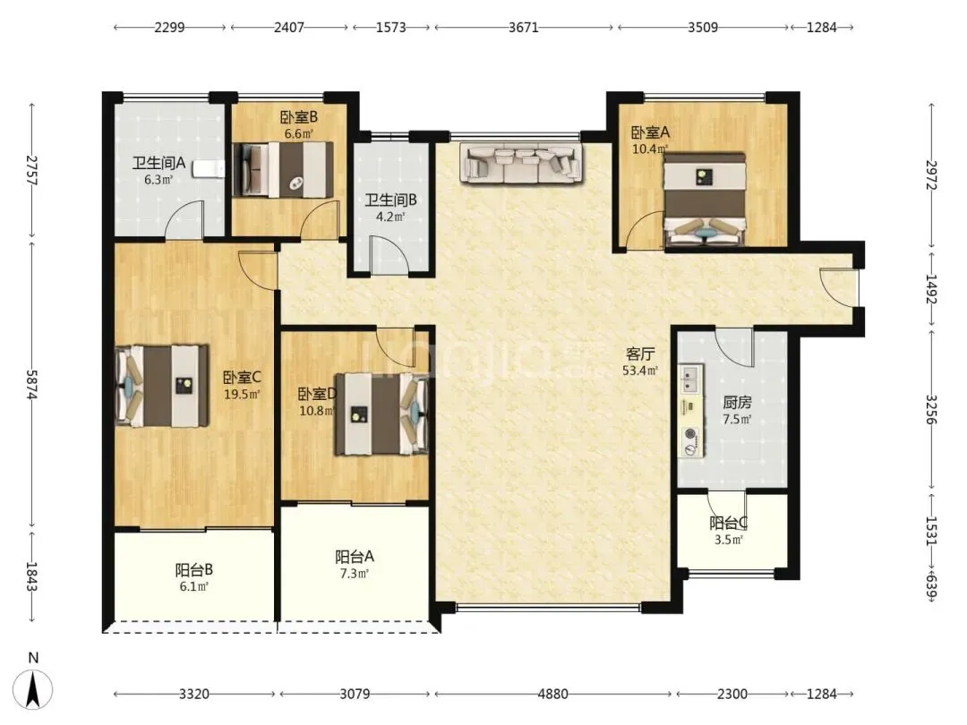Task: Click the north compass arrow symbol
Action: pyautogui.click(x=33, y=687)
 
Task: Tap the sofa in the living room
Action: pyautogui.click(x=521, y=164)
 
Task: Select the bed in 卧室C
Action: pyautogui.click(x=162, y=386)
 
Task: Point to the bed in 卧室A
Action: pyautogui.click(x=705, y=199)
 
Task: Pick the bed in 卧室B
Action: pyautogui.click(x=283, y=170)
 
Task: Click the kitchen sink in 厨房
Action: pyautogui.click(x=689, y=380)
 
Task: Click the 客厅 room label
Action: pyautogui.click(x=639, y=354)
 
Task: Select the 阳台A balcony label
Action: pyautogui.click(x=355, y=557)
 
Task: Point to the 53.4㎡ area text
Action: pyautogui.click(x=639, y=371)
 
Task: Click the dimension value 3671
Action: pyautogui.click(x=524, y=27)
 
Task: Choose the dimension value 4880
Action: pyautogui.click(x=552, y=695)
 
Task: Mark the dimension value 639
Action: pyautogui.click(x=931, y=589)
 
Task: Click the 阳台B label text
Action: pyautogui.click(x=193, y=569)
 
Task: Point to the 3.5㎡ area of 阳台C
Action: pyautogui.click(x=728, y=540)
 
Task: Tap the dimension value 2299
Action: pyautogui.click(x=169, y=27)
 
